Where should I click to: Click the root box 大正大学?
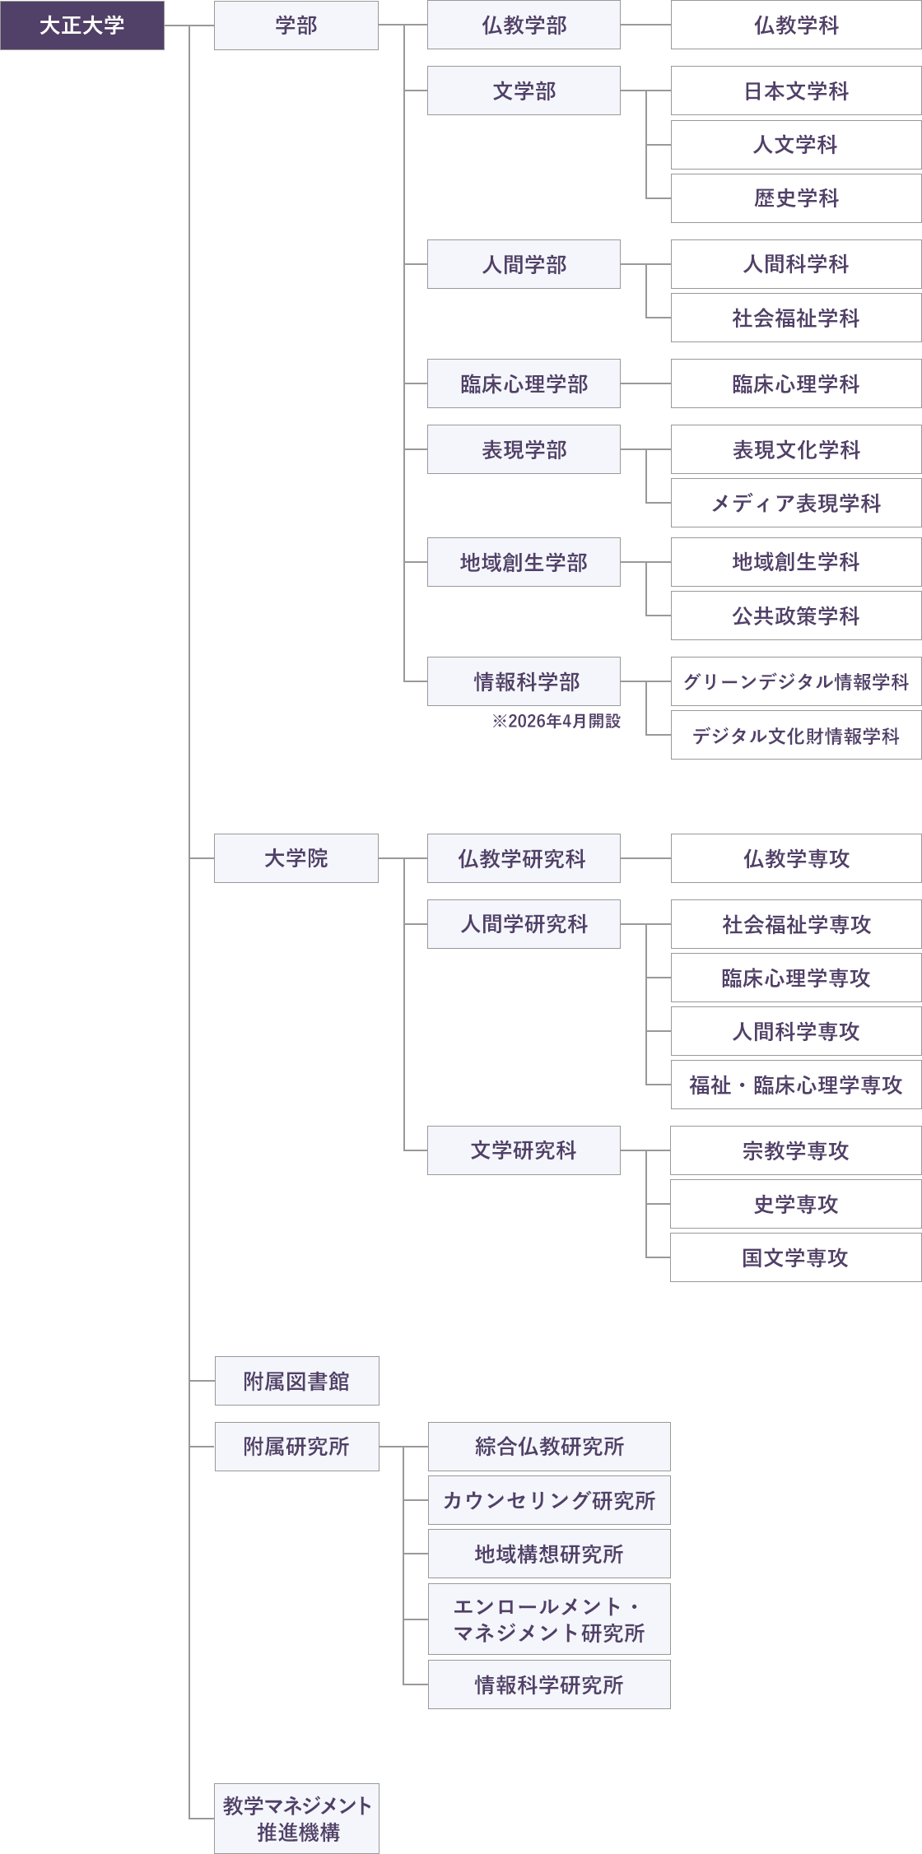[x=82, y=26]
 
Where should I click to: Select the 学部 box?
[x=296, y=26]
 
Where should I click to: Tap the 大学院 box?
[x=296, y=858]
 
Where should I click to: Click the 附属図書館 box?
[x=296, y=1381]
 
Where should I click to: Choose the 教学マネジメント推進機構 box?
[x=296, y=1819]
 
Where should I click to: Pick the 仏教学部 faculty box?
[x=524, y=26]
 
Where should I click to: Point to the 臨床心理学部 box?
[x=524, y=383]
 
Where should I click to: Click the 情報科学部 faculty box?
[x=524, y=681]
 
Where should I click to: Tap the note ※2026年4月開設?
[x=556, y=721]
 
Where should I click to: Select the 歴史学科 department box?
[x=796, y=198]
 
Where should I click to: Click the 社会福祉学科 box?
[x=796, y=318]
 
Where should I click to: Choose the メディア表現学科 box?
[x=796, y=503]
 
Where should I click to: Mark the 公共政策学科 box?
[x=796, y=616]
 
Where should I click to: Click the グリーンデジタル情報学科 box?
[x=796, y=681]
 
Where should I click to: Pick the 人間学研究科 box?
[x=524, y=924]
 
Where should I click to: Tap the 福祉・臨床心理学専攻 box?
[x=796, y=1085]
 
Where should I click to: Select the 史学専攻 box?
[x=796, y=1204]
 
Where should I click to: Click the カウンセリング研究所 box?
[x=549, y=1500]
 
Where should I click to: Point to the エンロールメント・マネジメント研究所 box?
[x=549, y=1619]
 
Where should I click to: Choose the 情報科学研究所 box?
[x=549, y=1684]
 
